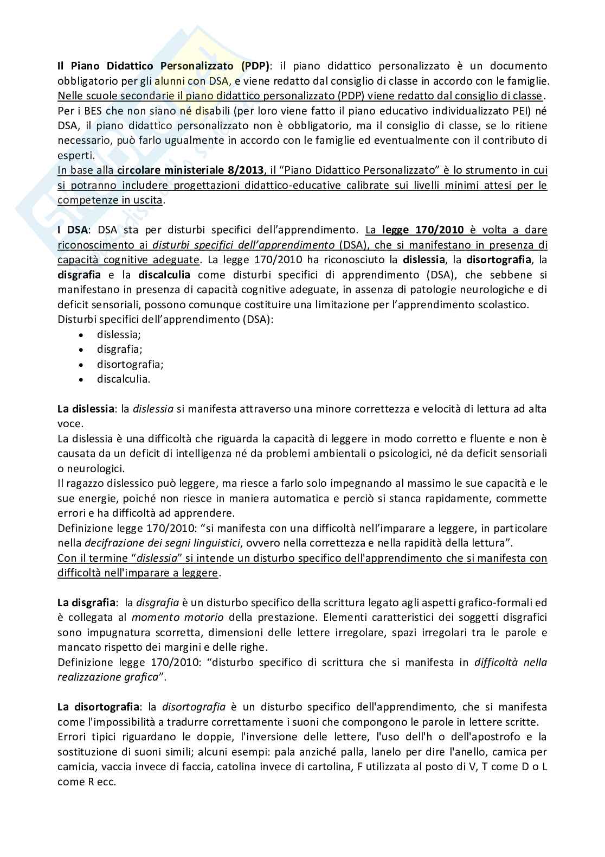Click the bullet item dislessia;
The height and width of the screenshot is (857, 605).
click(x=119, y=334)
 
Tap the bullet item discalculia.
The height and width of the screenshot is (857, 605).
click(x=124, y=379)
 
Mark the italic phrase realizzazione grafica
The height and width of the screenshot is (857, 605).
click(x=107, y=677)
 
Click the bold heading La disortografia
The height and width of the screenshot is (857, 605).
click(x=98, y=707)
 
